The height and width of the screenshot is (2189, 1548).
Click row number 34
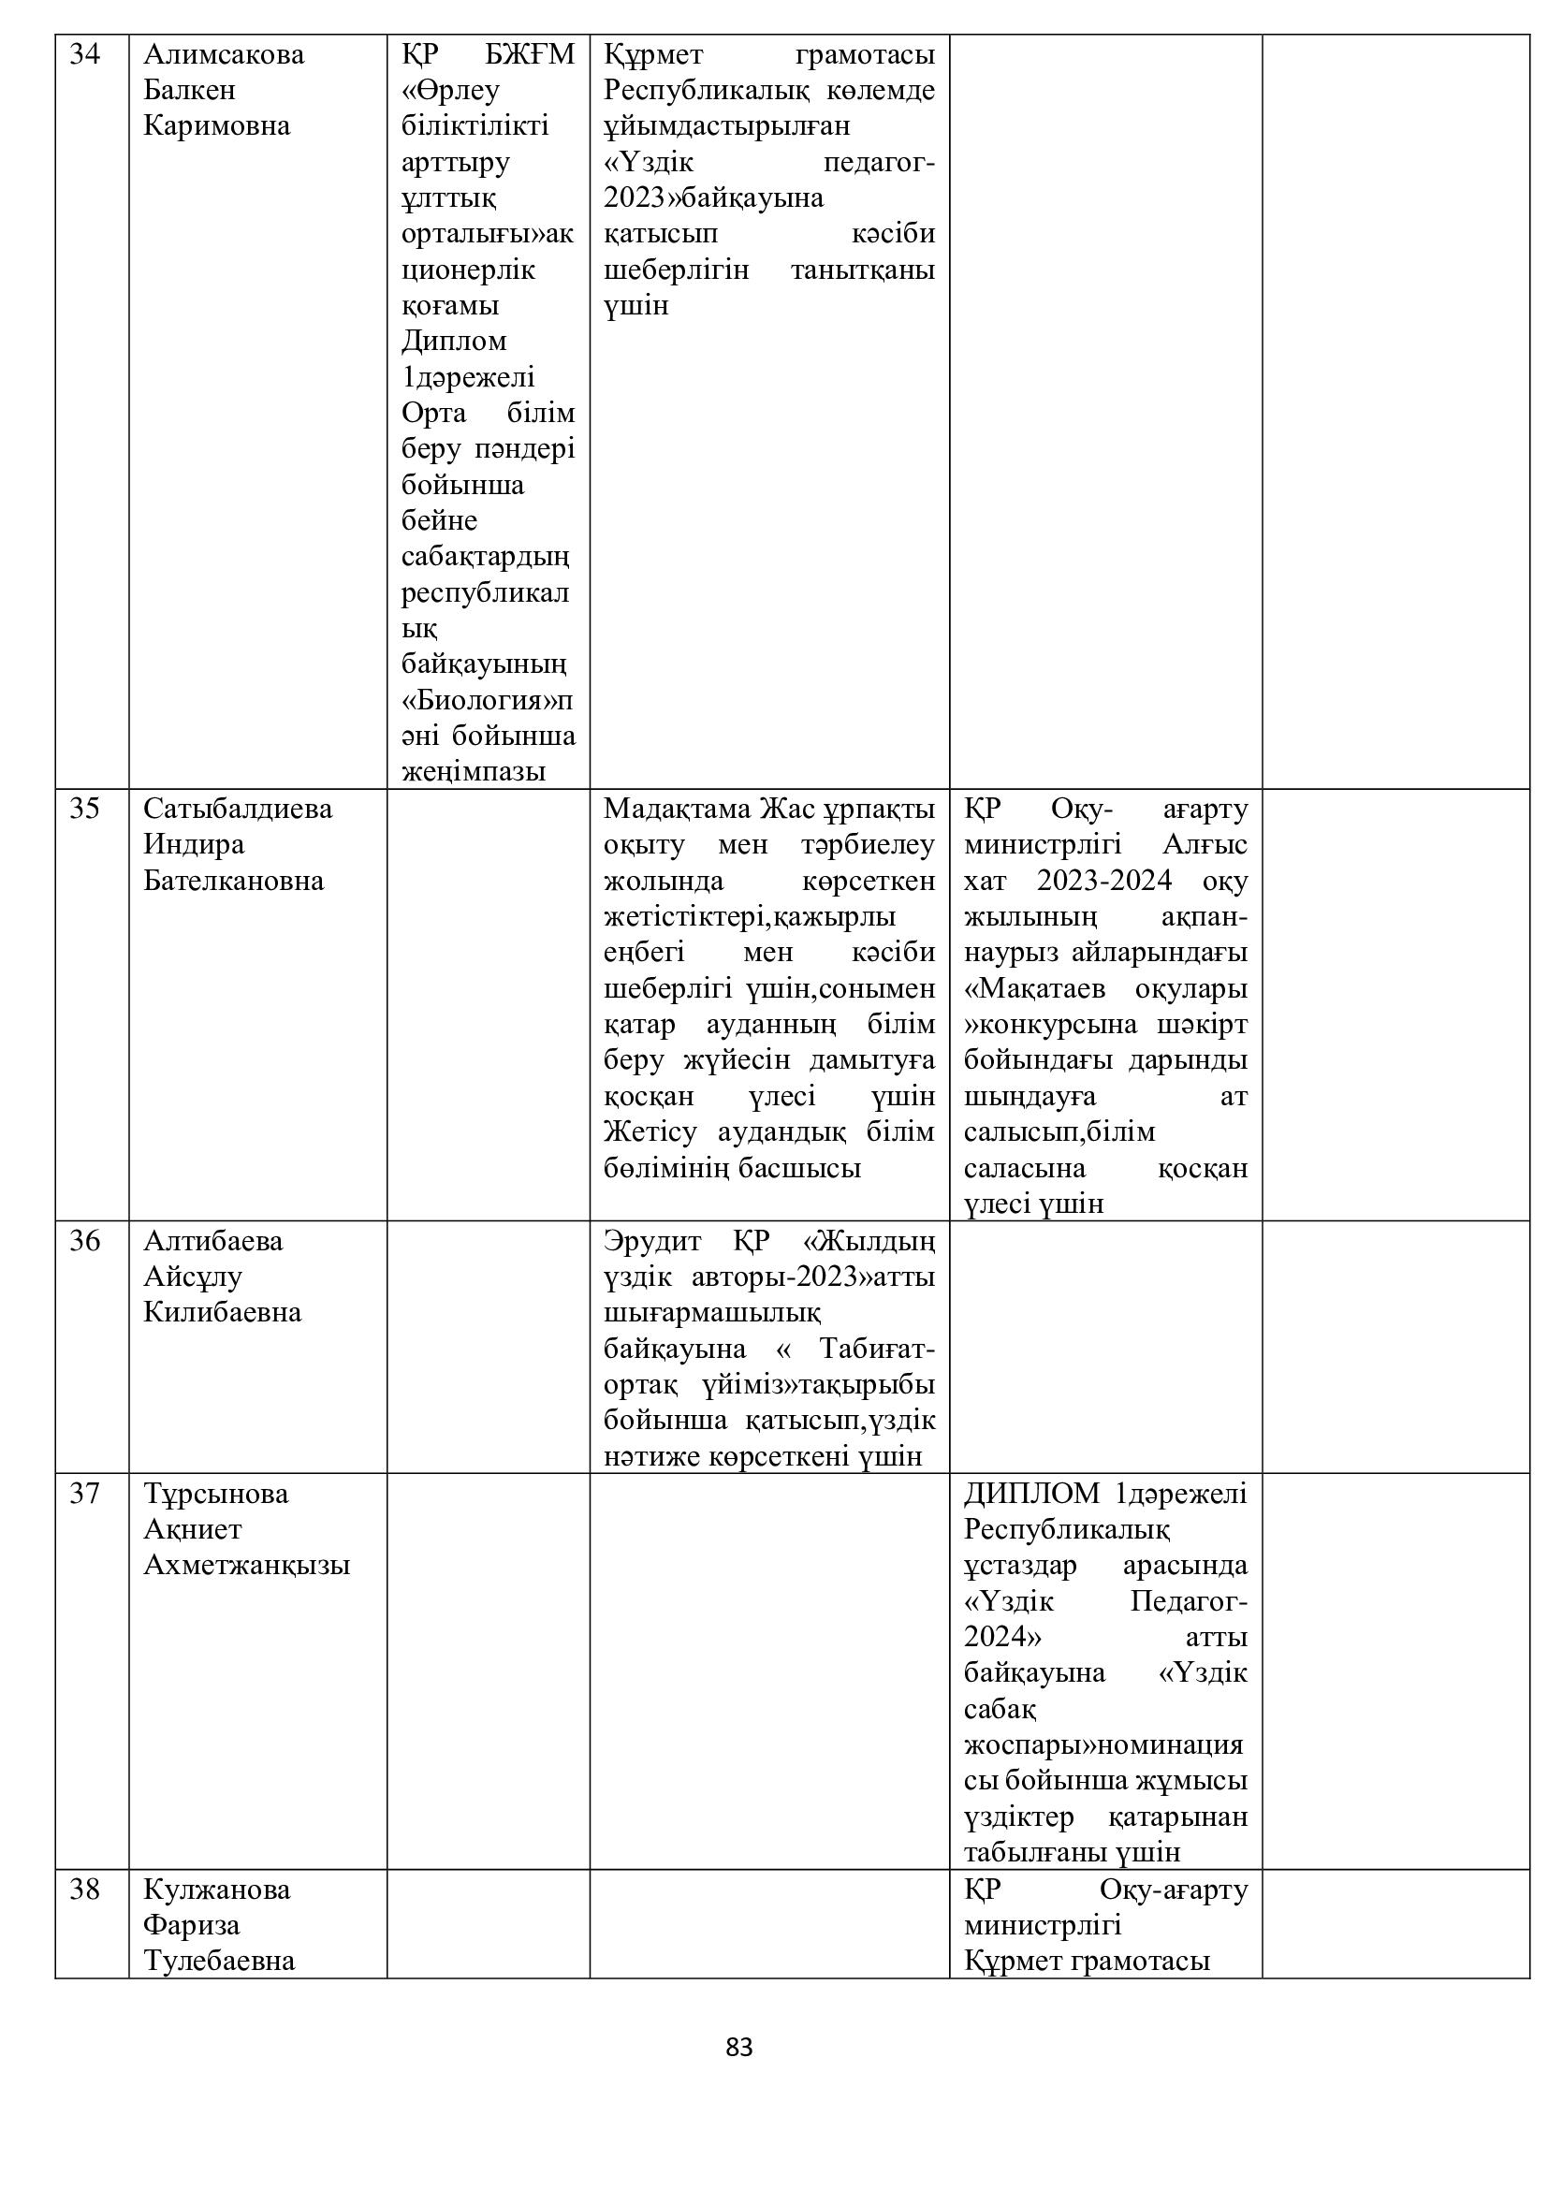pos(85,55)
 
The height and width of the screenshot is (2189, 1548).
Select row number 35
pos(85,810)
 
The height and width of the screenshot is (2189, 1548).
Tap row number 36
pos(85,1241)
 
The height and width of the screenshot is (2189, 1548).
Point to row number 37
pos(85,1494)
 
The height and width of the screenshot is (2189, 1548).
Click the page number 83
pos(738,2047)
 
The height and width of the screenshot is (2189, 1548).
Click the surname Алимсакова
pos(224,55)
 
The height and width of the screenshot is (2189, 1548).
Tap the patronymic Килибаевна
pos(222,1313)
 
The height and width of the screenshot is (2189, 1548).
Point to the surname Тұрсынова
pos(215,1494)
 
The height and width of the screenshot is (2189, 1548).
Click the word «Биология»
pos(479,701)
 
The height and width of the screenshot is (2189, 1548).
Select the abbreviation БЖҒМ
pos(530,55)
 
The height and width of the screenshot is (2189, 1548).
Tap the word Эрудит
pos(652,1241)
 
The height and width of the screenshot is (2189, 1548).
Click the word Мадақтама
pos(677,810)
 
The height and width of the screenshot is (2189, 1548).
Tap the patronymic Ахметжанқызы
pos(247,1566)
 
